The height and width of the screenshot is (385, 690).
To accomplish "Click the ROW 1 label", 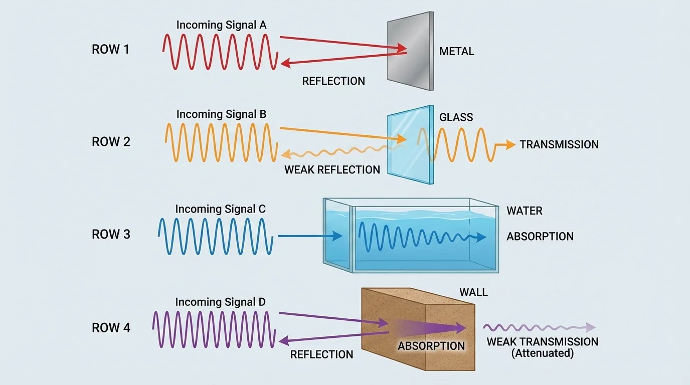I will tap(110, 50).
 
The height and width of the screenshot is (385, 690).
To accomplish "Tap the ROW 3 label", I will tap(111, 234).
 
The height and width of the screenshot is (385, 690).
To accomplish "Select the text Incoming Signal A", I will tap(221, 25).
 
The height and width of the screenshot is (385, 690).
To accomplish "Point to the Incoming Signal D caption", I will tap(220, 302).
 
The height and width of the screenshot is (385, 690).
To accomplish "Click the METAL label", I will tap(456, 51).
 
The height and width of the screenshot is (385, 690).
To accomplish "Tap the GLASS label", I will tap(456, 117).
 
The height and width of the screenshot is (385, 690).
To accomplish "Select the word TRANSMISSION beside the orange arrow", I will tap(559, 145).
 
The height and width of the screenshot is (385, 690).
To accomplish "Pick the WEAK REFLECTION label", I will tap(332, 170).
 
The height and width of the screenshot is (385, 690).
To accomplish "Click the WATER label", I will tap(525, 211).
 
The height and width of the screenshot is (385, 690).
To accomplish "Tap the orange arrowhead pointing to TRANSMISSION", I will tap(510, 144).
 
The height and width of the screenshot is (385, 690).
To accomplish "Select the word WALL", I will tap(473, 292).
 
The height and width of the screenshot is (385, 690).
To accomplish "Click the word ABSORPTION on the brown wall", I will tap(431, 346).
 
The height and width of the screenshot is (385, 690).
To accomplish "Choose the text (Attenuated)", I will tap(542, 353).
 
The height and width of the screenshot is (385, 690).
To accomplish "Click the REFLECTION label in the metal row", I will tap(333, 81).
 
